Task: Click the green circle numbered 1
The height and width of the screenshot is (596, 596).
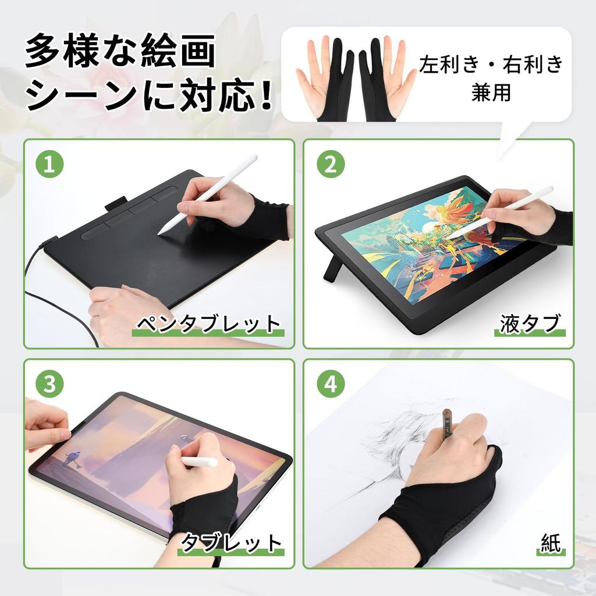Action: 49,165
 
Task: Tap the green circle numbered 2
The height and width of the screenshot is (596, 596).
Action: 331,165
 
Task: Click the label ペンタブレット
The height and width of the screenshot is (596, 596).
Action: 208,324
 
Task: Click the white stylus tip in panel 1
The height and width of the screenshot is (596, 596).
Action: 162,232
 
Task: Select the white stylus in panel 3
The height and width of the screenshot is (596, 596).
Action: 198,462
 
